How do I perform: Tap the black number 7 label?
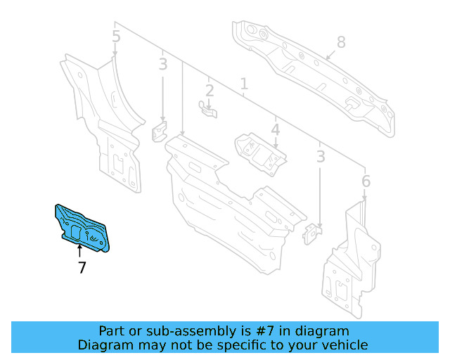[x=82, y=268]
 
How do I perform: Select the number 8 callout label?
[x=341, y=42]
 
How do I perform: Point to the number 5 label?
[x=116, y=36]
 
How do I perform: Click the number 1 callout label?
[x=243, y=85]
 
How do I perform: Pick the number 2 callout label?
[x=210, y=90]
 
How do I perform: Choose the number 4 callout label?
[x=276, y=130]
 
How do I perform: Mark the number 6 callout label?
[x=366, y=182]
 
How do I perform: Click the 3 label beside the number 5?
[x=163, y=65]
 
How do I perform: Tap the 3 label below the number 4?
[x=321, y=157]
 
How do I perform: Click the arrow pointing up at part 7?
[x=79, y=252]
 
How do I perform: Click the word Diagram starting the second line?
[x=104, y=345]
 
